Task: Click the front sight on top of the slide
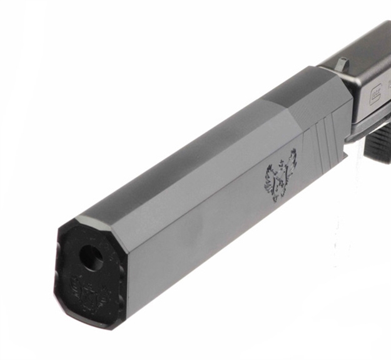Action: click(342, 62)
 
